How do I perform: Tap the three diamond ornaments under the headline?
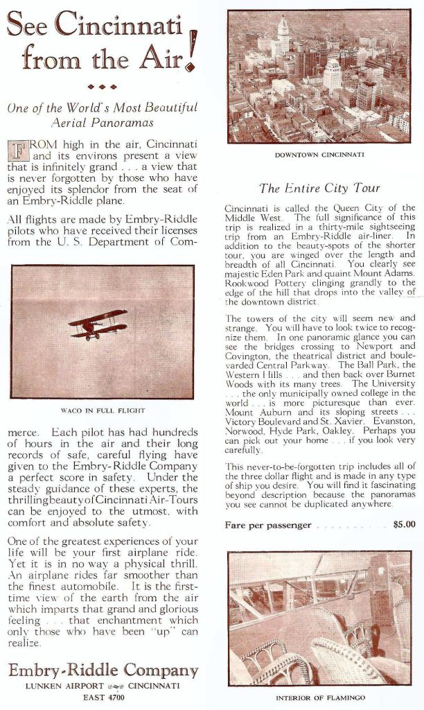click(102, 87)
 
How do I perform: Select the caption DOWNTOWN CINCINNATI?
click(319, 155)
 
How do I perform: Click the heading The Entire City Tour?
click(319, 188)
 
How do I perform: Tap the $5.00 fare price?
click(404, 525)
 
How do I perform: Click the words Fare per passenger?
click(268, 525)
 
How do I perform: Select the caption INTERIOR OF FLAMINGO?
click(319, 698)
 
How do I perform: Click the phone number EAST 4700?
click(102, 697)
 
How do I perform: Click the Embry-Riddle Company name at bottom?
click(103, 670)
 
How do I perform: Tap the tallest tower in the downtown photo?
click(283, 35)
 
